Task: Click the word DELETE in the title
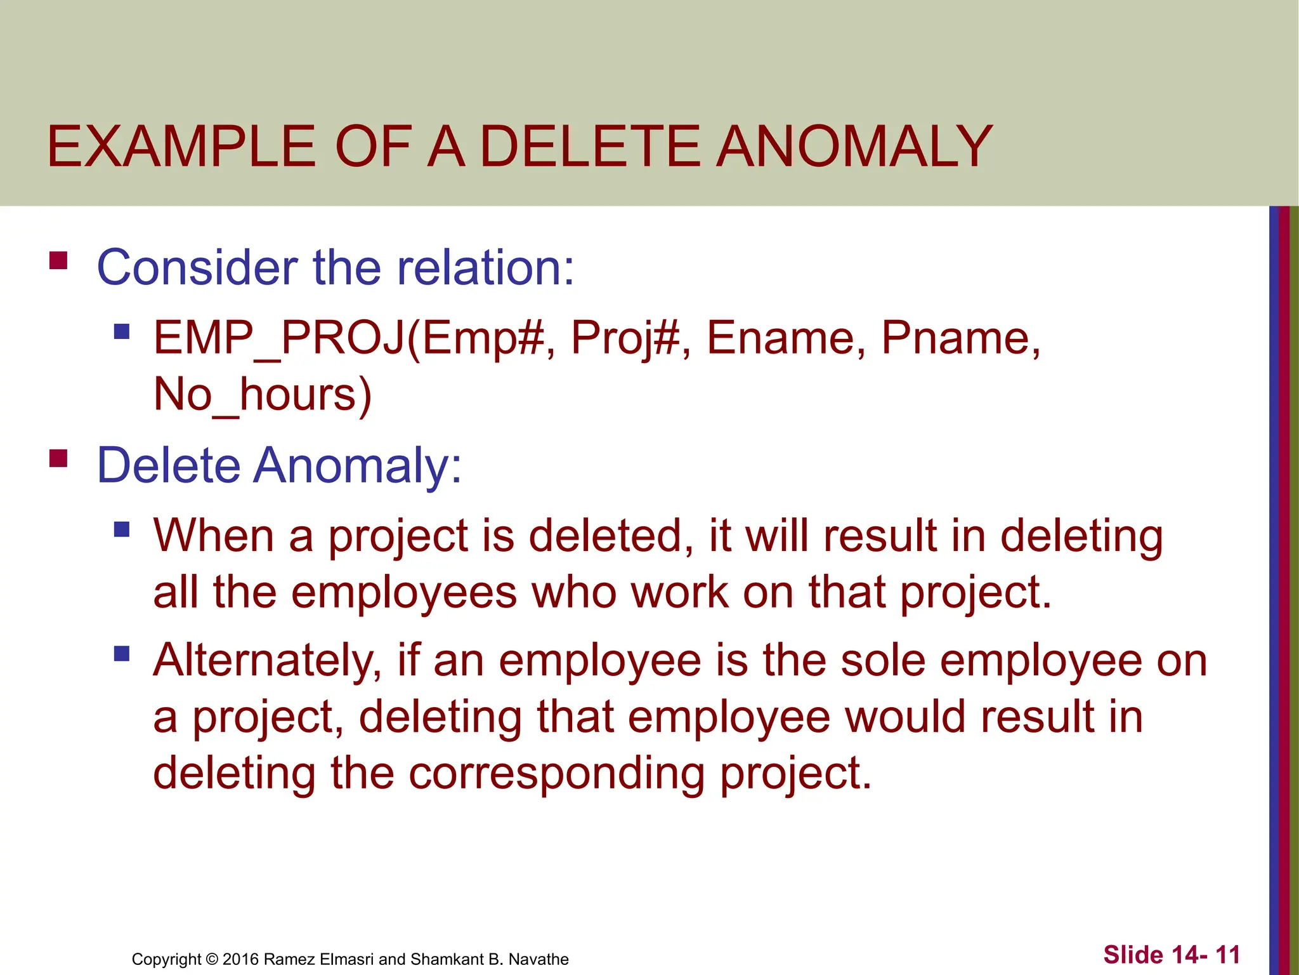coord(590,147)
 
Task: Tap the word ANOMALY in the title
coord(854,147)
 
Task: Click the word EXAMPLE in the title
coord(181,147)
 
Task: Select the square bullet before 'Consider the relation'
coord(58,261)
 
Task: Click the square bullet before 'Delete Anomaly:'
coord(58,458)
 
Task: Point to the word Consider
coord(197,267)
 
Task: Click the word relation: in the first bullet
coord(485,267)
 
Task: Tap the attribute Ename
coord(786,338)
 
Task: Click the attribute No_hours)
coord(262,395)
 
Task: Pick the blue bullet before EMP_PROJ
coord(122,331)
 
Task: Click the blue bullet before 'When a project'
coord(122,529)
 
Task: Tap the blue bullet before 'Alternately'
coord(122,653)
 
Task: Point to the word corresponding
coord(556,773)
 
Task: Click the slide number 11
coord(1227,955)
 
